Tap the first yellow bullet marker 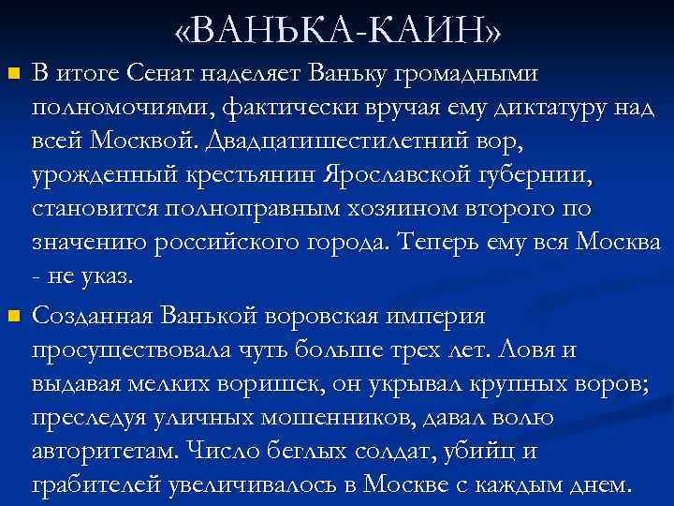click(12, 72)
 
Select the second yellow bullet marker click(12, 318)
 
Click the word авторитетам click(102, 453)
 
